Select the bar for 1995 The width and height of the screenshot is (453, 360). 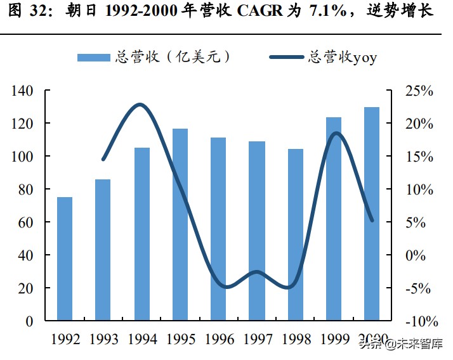180,224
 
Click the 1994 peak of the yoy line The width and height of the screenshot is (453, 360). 140,105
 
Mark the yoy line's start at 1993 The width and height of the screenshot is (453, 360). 103,160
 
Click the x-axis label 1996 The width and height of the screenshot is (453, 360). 218,340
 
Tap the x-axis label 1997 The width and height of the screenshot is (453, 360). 257,340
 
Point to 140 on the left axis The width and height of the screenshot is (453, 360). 22,91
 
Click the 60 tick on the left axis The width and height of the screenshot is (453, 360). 26,222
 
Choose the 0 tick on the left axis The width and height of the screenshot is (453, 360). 30,321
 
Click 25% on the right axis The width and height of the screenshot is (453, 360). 419,91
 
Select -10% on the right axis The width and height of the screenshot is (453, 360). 418,321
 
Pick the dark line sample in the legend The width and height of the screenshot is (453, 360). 286,57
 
